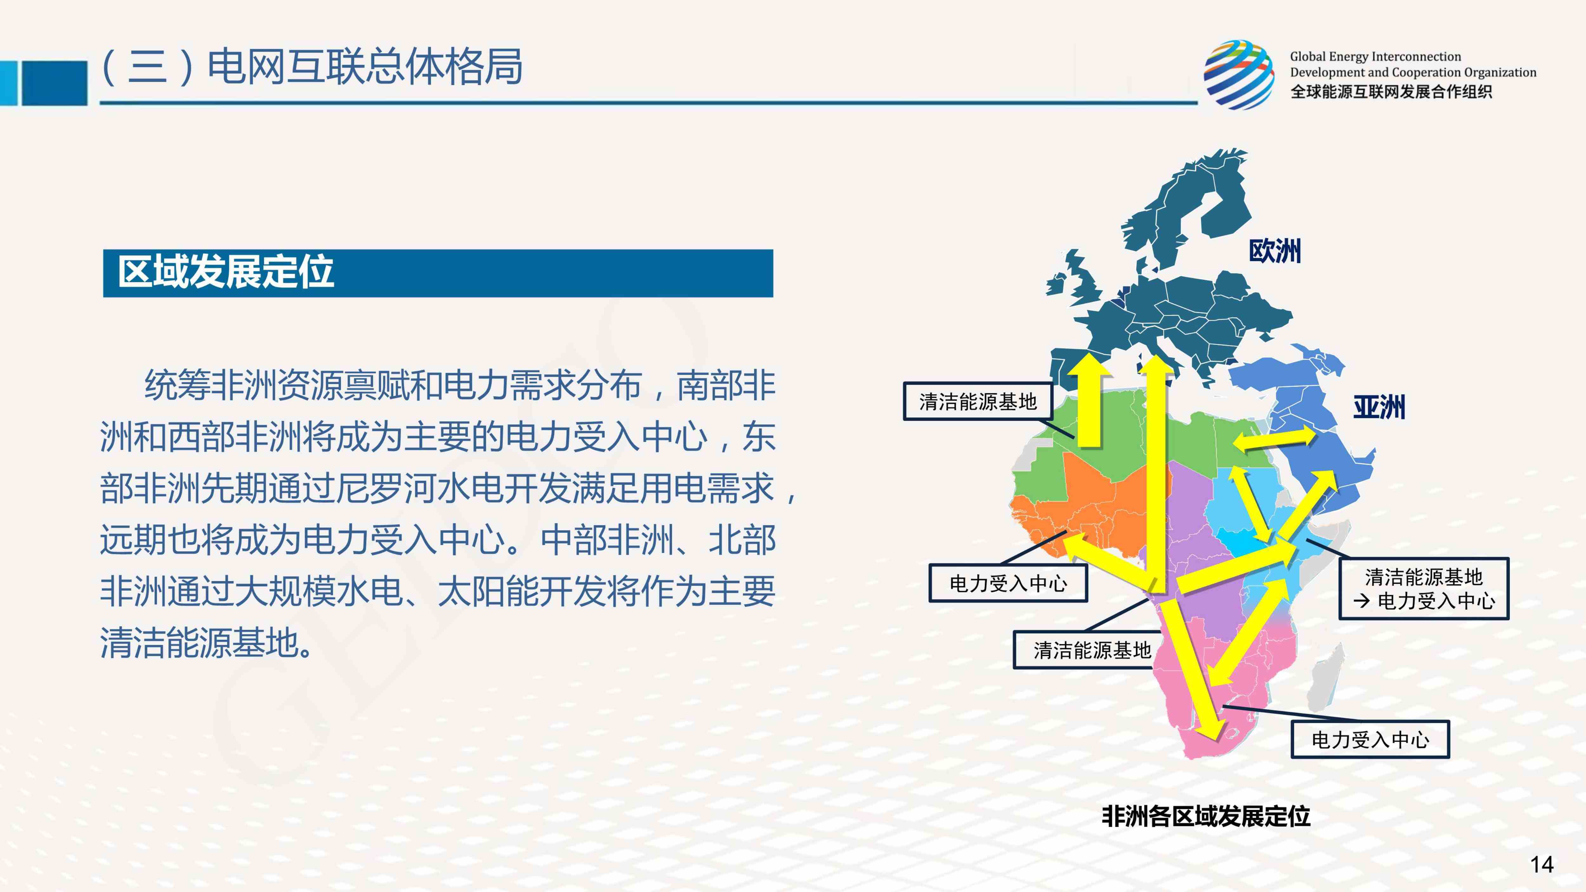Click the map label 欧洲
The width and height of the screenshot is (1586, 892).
[1275, 251]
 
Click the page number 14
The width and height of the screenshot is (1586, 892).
[1542, 864]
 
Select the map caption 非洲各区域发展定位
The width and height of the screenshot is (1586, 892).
[1205, 816]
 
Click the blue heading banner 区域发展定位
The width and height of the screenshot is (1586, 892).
[438, 273]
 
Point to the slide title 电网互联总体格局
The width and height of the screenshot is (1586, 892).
[364, 67]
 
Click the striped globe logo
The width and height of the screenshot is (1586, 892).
[1239, 75]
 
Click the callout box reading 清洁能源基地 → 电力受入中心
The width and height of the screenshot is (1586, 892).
[1424, 588]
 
